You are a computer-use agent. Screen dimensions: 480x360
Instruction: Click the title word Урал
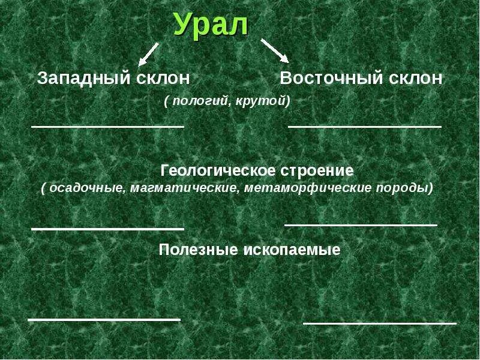coord(211,25)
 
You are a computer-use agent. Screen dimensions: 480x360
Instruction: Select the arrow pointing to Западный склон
coord(148,53)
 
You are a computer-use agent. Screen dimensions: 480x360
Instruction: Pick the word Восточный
coord(328,78)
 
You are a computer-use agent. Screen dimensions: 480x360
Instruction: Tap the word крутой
coord(262,101)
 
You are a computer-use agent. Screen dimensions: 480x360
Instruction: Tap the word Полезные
coord(196,250)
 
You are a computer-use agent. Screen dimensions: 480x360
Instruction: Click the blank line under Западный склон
coord(107,127)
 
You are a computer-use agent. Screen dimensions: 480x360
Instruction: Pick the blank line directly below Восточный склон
coord(365,127)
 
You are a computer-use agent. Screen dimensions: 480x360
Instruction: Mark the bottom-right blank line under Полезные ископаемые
coord(379,323)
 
